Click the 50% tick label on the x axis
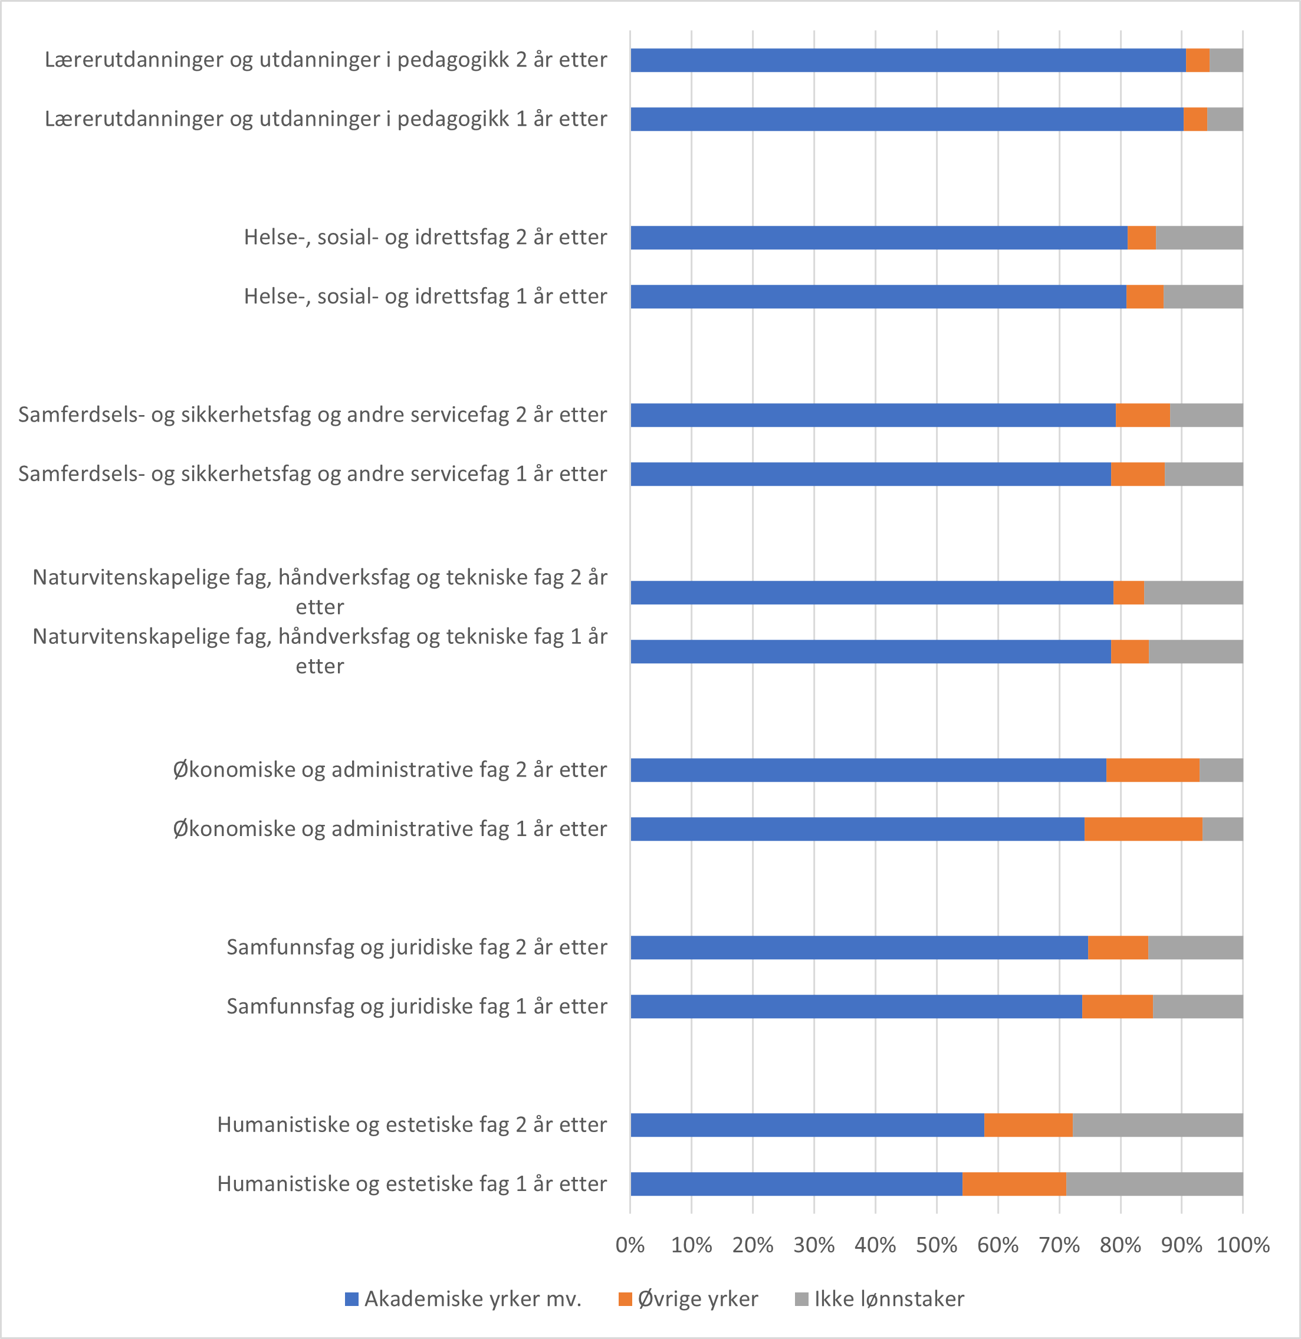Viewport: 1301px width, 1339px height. point(936,1245)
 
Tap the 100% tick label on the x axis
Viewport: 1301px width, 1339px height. point(1242,1245)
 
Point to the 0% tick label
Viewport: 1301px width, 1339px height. point(630,1245)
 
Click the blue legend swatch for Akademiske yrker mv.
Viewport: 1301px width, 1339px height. point(352,1299)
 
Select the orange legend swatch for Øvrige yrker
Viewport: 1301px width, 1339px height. point(625,1299)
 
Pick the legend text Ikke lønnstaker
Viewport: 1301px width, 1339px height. point(889,1299)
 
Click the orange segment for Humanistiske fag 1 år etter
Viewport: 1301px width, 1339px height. point(1014,1184)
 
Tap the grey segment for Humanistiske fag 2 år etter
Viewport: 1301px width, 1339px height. point(1158,1125)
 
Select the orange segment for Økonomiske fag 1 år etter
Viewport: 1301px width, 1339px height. point(1143,828)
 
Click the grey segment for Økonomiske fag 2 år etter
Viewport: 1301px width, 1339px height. point(1221,770)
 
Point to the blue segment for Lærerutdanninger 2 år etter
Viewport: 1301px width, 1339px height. point(908,60)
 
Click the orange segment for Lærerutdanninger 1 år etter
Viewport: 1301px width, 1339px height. point(1195,119)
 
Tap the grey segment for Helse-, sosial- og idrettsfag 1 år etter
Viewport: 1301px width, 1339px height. point(1203,297)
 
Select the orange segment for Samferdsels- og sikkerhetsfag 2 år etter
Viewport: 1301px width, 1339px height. point(1142,414)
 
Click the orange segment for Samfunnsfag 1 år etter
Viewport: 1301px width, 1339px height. point(1117,1006)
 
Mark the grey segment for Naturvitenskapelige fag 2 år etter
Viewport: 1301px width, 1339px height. point(1193,593)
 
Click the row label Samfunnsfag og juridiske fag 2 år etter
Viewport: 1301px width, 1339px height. point(416,947)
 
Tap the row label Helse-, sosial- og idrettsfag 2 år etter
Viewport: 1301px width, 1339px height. point(425,237)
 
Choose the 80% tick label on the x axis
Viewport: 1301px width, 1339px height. point(1120,1245)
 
